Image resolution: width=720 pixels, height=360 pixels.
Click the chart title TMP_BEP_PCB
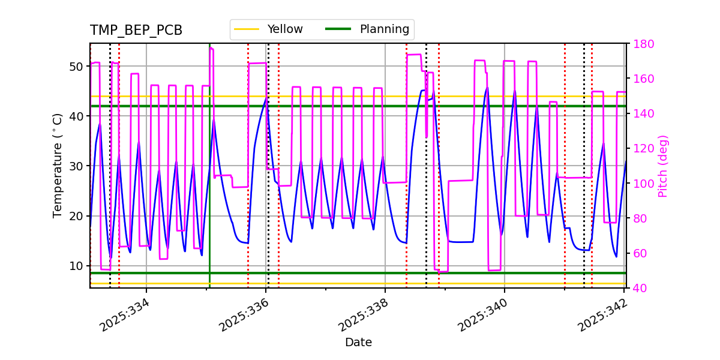click(136, 31)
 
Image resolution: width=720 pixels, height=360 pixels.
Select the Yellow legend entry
click(285, 29)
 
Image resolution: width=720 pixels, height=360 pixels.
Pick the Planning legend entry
click(384, 29)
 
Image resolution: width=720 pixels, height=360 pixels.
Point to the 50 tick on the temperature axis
click(76, 66)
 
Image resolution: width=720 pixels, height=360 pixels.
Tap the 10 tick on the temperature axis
click(76, 266)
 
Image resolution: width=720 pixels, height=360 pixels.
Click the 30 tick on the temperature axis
click(76, 166)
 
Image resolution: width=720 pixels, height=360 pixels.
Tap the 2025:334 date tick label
click(124, 315)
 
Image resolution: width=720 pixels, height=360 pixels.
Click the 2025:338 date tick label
click(363, 315)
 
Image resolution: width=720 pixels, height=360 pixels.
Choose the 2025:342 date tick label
click(602, 315)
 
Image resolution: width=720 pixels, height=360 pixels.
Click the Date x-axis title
click(358, 343)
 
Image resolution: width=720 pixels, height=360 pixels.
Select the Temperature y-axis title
click(58, 165)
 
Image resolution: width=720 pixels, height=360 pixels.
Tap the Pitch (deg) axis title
click(663, 166)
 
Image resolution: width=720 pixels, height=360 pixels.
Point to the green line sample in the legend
click(338, 29)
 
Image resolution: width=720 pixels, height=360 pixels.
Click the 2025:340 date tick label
click(482, 315)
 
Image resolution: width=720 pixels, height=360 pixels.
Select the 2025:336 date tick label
click(244, 315)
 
